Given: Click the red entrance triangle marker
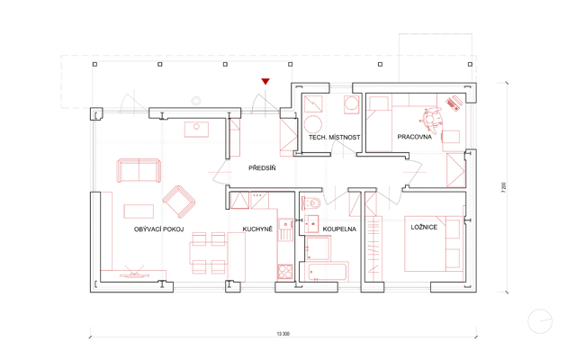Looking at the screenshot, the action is [265, 81].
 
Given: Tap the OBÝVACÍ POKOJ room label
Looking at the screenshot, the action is [158, 229].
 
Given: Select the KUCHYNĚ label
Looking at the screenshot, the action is [257, 229].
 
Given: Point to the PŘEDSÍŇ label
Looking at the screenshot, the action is [262, 168].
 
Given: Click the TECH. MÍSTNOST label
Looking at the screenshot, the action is [334, 138].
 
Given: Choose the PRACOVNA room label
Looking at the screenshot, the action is [414, 137].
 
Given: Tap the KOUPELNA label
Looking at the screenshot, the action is [339, 229].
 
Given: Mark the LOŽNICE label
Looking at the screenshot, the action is [424, 227].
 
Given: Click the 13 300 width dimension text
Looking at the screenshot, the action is [283, 334].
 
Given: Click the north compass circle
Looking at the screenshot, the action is [540, 321].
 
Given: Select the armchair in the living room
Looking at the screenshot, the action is [178, 202].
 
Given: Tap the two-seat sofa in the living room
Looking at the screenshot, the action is [139, 170].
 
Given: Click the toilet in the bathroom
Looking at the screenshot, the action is [310, 202].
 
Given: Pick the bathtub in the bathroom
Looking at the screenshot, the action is [327, 272].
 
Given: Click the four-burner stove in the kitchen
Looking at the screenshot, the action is [285, 272].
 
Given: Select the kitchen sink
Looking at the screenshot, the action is [285, 229].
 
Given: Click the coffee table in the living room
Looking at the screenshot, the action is [139, 211].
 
